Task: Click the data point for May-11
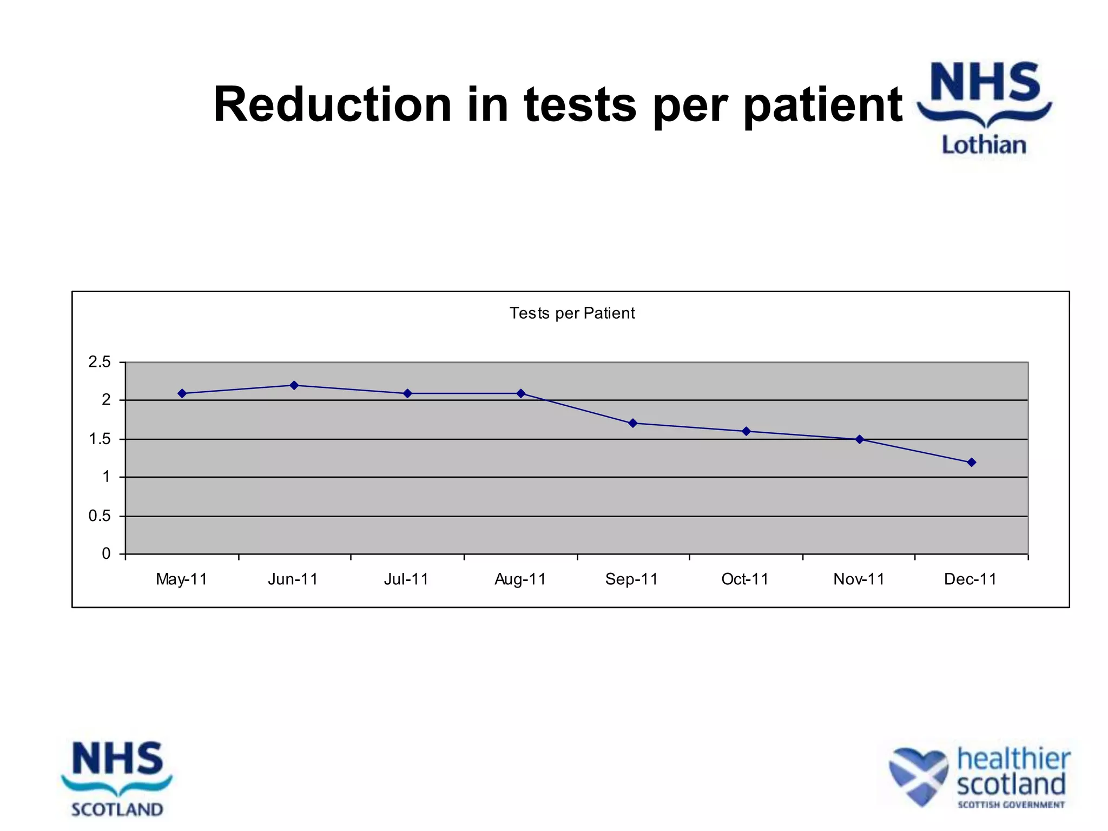point(182,393)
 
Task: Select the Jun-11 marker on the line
point(294,385)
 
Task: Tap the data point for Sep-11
point(633,423)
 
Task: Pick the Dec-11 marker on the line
point(972,462)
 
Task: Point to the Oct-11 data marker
point(746,431)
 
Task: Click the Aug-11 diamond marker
point(520,393)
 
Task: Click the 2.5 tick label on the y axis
point(100,362)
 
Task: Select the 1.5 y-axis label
point(100,439)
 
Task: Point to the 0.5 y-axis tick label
point(100,516)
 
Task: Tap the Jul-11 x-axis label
point(406,579)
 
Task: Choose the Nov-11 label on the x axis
point(859,579)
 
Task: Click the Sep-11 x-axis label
point(631,579)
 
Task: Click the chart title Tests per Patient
point(572,313)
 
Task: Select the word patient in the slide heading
point(822,105)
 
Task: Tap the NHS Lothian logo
point(985,108)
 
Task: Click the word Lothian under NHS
point(984,145)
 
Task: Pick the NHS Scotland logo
point(117,779)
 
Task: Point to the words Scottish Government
point(1011,804)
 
